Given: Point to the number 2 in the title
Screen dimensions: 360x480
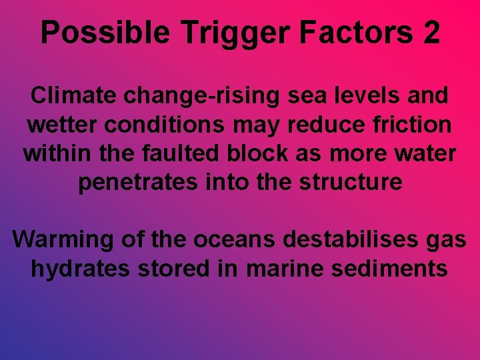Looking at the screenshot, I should point(430,33).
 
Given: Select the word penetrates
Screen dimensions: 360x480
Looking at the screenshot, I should point(133,182).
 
